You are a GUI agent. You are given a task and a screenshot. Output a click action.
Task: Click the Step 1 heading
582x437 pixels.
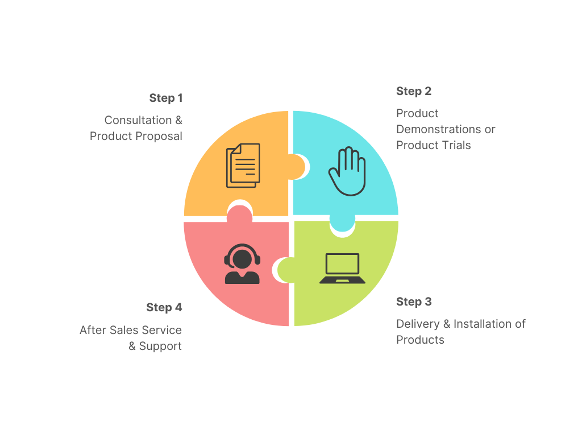tap(166, 98)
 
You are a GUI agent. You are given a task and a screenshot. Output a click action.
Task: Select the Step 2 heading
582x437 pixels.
tap(413, 91)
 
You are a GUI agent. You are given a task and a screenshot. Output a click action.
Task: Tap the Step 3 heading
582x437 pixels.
tap(413, 302)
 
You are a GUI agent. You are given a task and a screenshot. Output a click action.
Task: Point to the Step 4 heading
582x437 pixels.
tap(164, 307)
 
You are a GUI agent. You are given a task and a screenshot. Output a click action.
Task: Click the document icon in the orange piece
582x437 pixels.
tap(243, 165)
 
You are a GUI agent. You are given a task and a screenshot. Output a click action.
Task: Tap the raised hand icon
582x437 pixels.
tap(347, 171)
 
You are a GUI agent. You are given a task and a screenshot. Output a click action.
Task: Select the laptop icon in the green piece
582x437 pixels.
tap(342, 269)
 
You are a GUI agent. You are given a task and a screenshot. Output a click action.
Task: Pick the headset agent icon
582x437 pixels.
tap(242, 264)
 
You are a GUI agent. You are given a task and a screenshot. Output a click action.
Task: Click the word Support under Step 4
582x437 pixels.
tap(160, 346)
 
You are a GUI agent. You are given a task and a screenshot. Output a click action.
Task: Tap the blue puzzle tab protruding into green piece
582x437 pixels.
tap(342, 224)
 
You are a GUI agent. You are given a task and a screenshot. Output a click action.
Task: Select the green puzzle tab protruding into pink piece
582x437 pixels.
tap(284, 270)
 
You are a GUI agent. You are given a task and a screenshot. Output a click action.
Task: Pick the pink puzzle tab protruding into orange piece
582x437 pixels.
tap(240, 214)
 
